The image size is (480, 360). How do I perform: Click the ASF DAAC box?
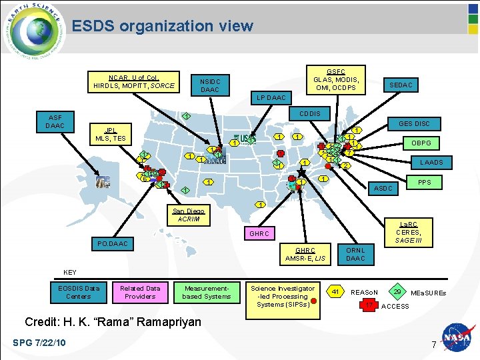click(55, 121)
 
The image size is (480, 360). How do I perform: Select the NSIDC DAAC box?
click(210, 85)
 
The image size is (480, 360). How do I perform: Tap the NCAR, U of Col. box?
click(134, 81)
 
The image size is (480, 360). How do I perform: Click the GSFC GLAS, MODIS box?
click(336, 79)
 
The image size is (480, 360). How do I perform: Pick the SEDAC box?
click(401, 85)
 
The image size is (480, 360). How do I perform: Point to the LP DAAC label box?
click(271, 98)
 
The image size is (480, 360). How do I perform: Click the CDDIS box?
click(309, 113)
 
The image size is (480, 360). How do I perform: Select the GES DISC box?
click(414, 123)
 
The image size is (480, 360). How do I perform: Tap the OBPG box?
click(421, 143)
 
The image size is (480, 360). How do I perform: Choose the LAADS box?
click(431, 162)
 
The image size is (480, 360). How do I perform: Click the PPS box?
click(425, 181)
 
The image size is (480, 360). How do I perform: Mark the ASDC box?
click(383, 189)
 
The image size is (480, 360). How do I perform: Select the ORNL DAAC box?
click(355, 254)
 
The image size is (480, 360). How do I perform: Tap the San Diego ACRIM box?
click(189, 215)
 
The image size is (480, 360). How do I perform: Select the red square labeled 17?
click(369, 305)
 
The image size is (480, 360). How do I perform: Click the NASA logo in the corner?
click(458, 338)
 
